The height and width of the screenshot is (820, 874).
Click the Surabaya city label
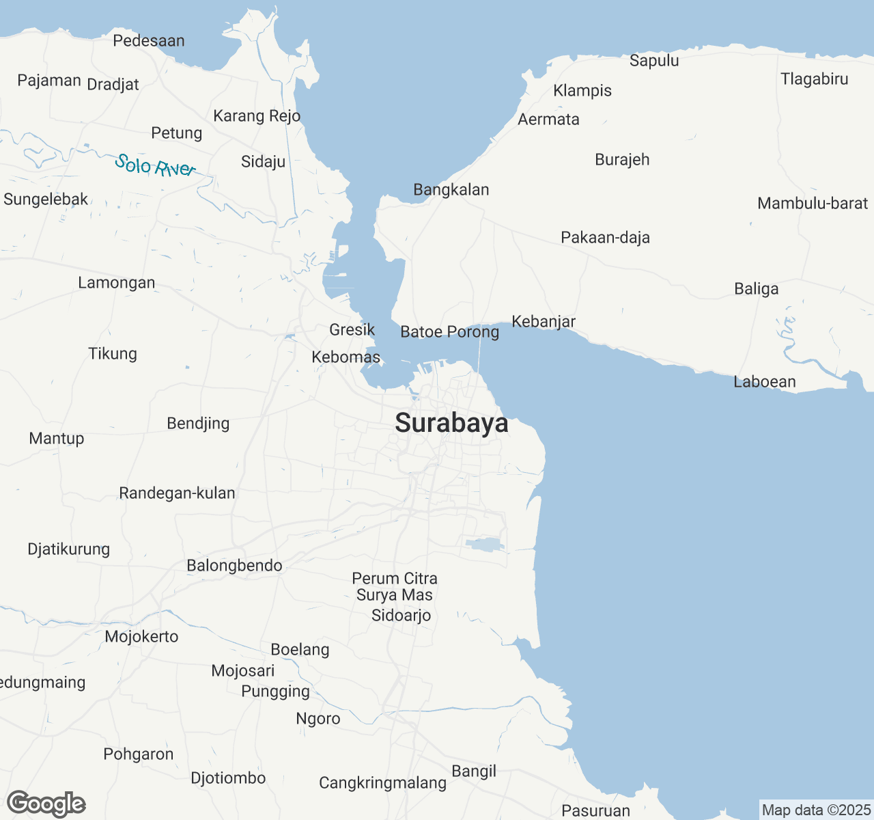coord(451,423)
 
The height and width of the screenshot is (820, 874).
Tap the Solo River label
coord(156,165)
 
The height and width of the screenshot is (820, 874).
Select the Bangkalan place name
coord(451,190)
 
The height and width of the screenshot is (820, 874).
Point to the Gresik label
coord(352,330)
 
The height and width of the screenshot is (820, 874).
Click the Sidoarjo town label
coord(401,616)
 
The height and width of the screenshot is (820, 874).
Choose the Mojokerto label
coord(142,637)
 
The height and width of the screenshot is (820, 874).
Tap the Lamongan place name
coord(117,283)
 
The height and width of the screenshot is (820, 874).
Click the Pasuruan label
coord(595,811)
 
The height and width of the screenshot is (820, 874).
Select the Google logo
coord(46,804)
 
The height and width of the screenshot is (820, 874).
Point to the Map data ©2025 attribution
coord(816,810)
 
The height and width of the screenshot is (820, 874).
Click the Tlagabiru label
coord(815,79)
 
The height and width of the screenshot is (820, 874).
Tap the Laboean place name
coord(765,382)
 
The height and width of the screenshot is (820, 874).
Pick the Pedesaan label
coord(149,41)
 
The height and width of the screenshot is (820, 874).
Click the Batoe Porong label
coord(450,332)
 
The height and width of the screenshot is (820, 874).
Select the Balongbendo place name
coord(234,566)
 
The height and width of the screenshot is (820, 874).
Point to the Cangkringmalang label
coord(383,783)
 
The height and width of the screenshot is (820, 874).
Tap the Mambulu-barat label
coord(813,204)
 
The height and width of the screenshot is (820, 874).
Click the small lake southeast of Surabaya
coord(485,545)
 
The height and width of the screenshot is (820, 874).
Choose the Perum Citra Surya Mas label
coord(395,587)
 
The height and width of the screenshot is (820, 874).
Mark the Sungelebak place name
coord(46,200)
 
